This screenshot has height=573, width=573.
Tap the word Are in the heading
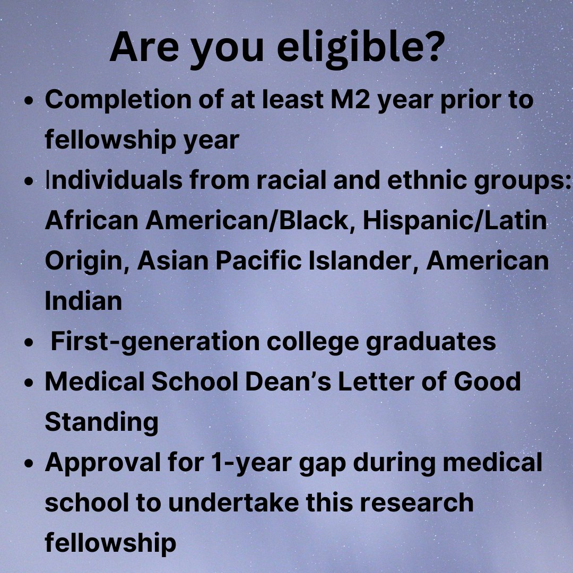(143, 48)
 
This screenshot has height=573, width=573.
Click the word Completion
(106, 100)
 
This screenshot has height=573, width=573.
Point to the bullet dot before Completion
(30, 101)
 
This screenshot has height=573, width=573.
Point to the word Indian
(83, 301)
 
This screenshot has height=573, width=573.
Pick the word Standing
(101, 422)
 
